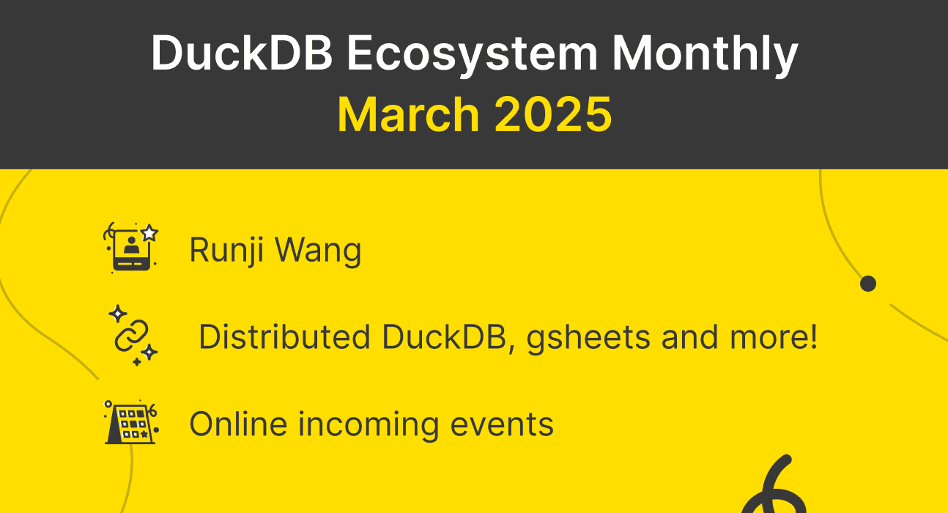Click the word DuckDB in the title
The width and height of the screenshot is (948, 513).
click(240, 53)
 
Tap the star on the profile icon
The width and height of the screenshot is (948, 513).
click(149, 233)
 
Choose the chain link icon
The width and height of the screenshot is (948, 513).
click(132, 336)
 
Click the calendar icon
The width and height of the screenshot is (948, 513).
click(130, 423)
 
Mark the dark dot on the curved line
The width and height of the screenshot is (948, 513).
click(868, 284)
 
